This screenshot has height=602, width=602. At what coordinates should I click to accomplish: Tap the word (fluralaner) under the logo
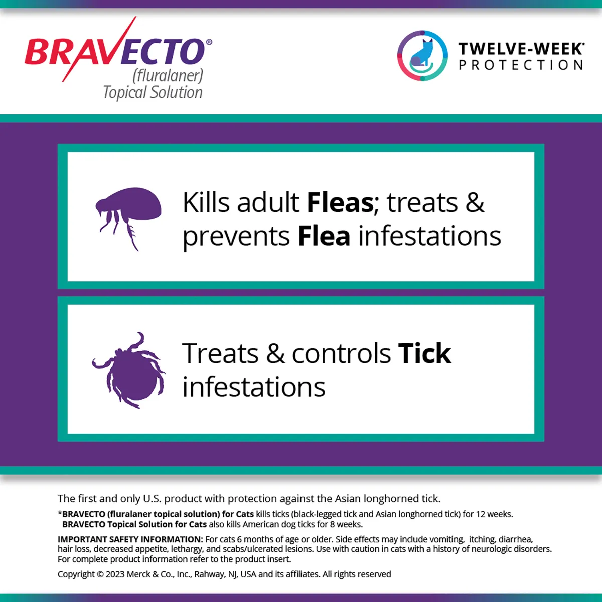click(168, 76)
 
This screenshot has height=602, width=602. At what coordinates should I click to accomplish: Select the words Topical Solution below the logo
click(153, 92)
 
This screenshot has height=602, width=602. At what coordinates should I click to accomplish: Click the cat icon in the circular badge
click(422, 55)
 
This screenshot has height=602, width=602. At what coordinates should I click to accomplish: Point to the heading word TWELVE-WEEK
click(520, 49)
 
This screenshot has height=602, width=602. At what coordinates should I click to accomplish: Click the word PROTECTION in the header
click(521, 65)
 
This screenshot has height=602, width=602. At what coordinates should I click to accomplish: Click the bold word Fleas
click(340, 203)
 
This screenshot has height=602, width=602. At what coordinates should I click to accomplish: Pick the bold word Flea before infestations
click(324, 236)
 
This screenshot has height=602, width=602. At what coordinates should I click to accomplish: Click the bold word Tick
click(424, 354)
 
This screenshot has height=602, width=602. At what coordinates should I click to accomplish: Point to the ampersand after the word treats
click(475, 203)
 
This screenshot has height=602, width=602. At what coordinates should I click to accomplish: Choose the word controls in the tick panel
click(341, 354)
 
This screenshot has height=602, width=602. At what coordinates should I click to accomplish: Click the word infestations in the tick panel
click(254, 387)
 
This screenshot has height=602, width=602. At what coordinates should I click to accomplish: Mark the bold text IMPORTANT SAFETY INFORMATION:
click(130, 539)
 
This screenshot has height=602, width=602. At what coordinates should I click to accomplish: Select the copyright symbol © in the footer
click(100, 574)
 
